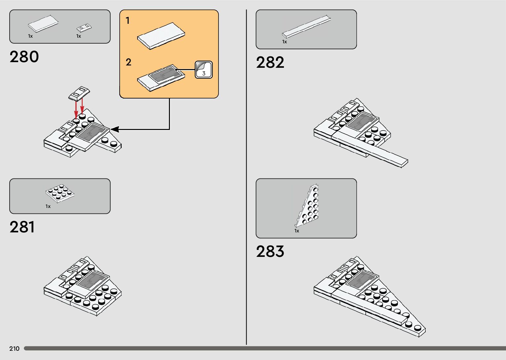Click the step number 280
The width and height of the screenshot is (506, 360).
pyautogui.click(x=24, y=57)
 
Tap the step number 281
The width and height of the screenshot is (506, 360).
pyautogui.click(x=22, y=227)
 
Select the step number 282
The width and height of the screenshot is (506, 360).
pyautogui.click(x=270, y=62)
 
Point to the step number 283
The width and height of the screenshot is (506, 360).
pyautogui.click(x=270, y=252)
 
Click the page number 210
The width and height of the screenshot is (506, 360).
pyautogui.click(x=14, y=349)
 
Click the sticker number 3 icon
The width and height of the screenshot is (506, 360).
pyautogui.click(x=204, y=70)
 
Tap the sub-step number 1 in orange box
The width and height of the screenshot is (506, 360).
pyautogui.click(x=128, y=21)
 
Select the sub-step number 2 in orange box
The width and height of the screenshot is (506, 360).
pyautogui.click(x=128, y=62)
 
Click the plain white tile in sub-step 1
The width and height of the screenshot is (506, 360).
pyautogui.click(x=161, y=36)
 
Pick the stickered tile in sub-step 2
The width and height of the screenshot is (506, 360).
pyautogui.click(x=161, y=78)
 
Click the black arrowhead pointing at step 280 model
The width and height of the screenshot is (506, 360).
pyautogui.click(x=114, y=129)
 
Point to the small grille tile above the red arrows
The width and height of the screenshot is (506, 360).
pyautogui.click(x=79, y=93)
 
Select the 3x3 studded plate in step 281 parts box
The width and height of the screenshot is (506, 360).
pyautogui.click(x=60, y=193)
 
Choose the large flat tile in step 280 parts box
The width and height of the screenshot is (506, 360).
pyautogui.click(x=43, y=24)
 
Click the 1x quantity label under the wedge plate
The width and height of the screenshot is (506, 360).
pyautogui.click(x=297, y=231)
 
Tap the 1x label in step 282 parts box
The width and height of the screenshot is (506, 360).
pyautogui.click(x=285, y=42)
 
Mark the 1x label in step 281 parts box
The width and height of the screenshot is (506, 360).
pyautogui.click(x=48, y=206)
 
